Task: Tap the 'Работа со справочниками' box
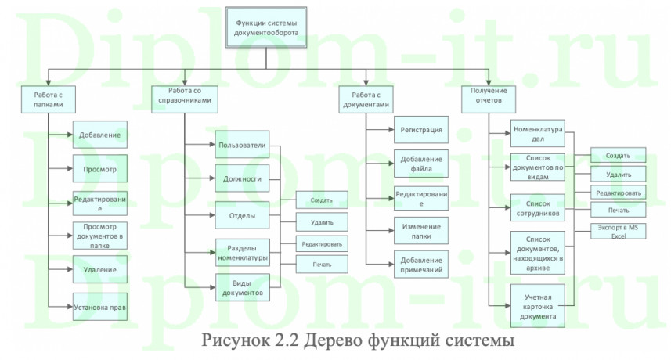tap(184, 99)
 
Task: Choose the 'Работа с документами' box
tap(366, 99)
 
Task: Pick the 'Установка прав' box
tap(99, 307)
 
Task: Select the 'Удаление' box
tap(99, 270)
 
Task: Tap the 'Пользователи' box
tap(243, 145)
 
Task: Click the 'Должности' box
tap(243, 179)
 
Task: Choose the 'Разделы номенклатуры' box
tap(243, 251)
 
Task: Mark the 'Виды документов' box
tap(243, 287)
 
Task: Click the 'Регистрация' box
tap(421, 129)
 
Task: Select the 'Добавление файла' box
tap(421, 164)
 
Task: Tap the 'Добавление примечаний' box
tap(421, 265)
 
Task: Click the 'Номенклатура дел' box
tap(538, 135)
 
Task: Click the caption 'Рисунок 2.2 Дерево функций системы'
tap(358, 341)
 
